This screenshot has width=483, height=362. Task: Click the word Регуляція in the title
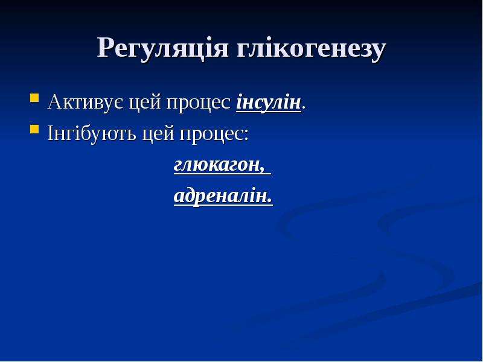pos(162,49)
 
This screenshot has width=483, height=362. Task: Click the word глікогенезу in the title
pos(311,49)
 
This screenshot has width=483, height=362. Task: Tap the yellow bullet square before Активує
pos(34,98)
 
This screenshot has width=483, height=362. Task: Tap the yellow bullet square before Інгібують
pos(34,129)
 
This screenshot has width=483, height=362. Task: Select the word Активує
pos(86,102)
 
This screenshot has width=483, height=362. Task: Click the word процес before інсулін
pos(199,104)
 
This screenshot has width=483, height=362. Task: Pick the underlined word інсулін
pos(269,103)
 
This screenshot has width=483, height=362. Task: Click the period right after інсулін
pos(304,108)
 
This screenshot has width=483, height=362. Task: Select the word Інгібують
pos(92,134)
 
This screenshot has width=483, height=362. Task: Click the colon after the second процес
pos(246,135)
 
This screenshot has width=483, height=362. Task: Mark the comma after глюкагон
pos(262,171)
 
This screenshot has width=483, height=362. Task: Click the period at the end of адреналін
pos(270,202)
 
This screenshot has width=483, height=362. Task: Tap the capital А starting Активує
pos(54,101)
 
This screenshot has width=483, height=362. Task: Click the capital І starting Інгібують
pos(51,133)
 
